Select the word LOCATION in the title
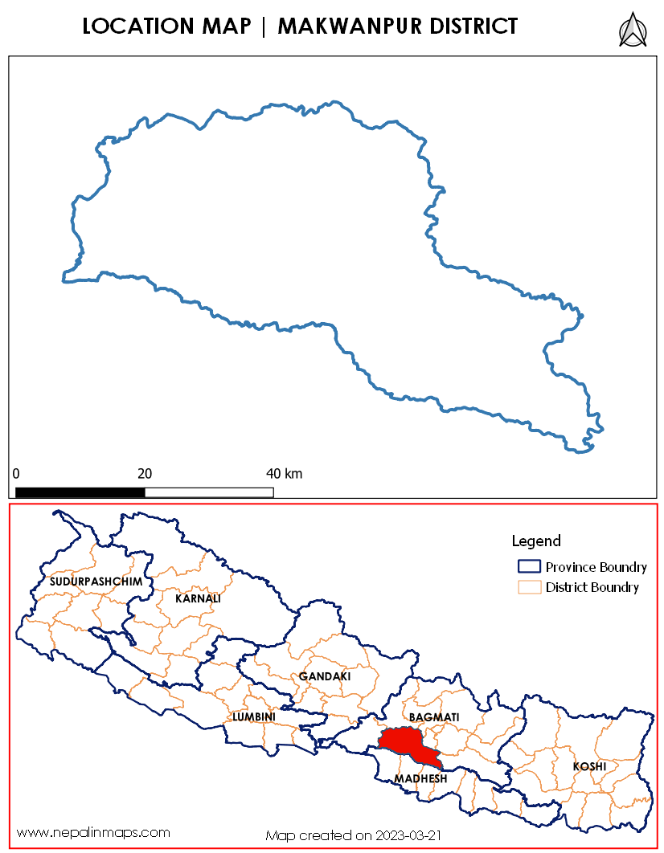[132, 27]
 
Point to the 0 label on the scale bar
[16, 473]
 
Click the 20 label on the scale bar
[145, 473]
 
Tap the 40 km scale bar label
[285, 473]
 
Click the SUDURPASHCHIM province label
[96, 581]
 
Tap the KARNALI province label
[198, 598]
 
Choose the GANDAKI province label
[325, 677]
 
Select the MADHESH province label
[420, 779]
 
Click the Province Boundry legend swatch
[529, 566]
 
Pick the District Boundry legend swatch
[529, 587]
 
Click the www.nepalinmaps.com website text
[93, 832]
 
